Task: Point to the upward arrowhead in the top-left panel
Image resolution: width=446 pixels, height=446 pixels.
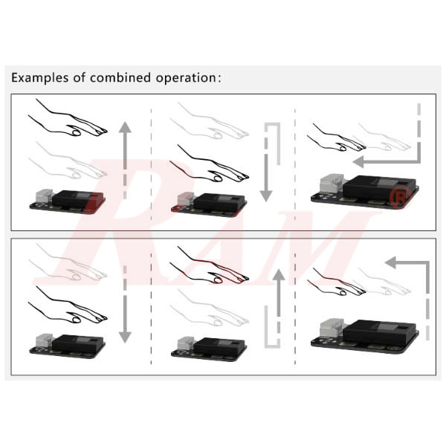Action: click(x=125, y=128)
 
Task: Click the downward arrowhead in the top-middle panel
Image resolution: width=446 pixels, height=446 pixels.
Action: click(x=265, y=196)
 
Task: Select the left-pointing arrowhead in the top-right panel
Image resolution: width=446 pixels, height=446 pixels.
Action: click(x=358, y=161)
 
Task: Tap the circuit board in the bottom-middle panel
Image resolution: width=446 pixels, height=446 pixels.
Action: click(x=208, y=346)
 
